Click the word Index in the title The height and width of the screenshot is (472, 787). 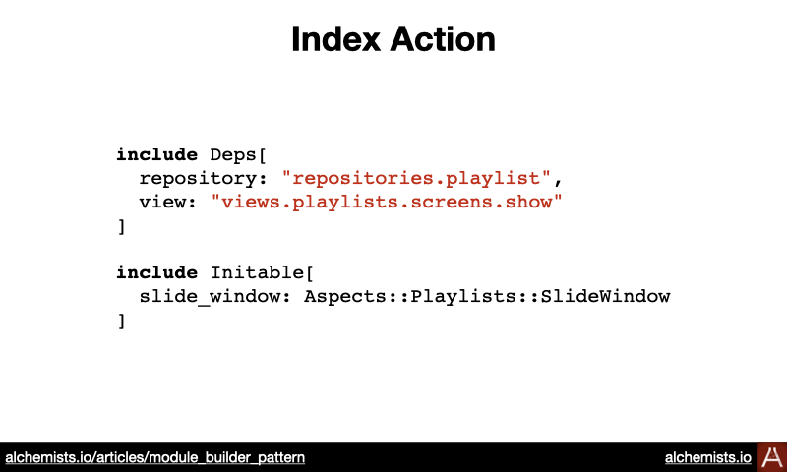point(335,39)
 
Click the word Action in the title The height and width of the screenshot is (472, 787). point(443,39)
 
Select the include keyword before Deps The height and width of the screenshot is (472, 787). point(157,154)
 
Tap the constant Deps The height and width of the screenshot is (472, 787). point(233,155)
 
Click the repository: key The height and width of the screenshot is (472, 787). point(205,179)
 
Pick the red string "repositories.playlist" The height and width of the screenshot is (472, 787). point(416,179)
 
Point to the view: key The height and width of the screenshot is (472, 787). point(168,202)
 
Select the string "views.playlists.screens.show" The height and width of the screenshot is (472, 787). point(387,203)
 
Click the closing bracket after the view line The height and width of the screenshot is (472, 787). point(121,227)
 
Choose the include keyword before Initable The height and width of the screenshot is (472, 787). point(157,272)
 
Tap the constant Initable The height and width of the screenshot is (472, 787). point(257,272)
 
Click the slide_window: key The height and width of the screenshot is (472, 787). point(214,296)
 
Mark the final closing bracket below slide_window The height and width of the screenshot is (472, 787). point(121,321)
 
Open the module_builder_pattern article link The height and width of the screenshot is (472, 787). point(155,457)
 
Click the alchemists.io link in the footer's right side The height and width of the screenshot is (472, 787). point(707,457)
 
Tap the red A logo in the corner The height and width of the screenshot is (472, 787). point(772,457)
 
